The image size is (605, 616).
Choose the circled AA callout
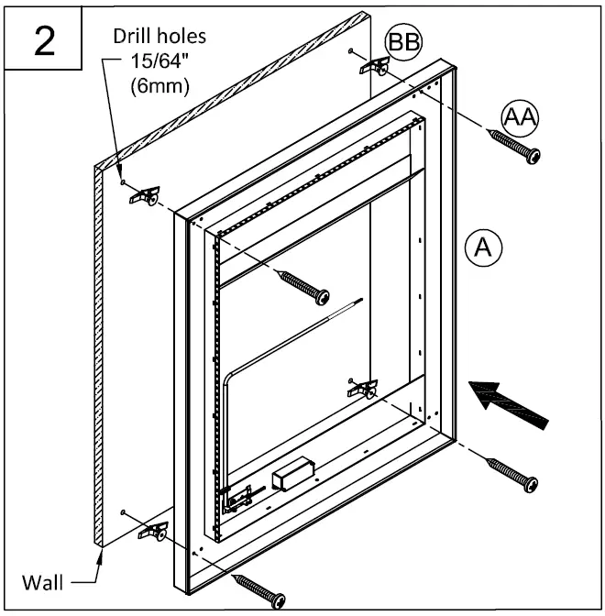click(x=520, y=116)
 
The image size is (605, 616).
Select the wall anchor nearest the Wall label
click(x=152, y=531)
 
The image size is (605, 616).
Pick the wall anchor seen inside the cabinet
click(x=364, y=387)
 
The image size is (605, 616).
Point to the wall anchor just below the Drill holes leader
click(x=145, y=195)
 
